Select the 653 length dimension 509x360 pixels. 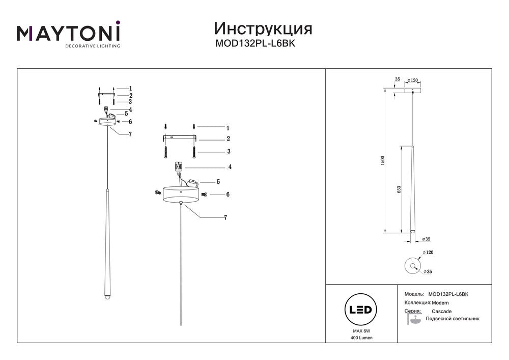pyautogui.click(x=400, y=189)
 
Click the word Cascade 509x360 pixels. pyautogui.click(x=441, y=311)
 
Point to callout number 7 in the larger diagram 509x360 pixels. pyautogui.click(x=225, y=218)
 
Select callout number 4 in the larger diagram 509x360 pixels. pyautogui.click(x=230, y=167)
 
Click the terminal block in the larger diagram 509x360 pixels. pyautogui.click(x=178, y=167)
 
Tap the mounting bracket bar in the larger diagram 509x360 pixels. pyautogui.click(x=179, y=138)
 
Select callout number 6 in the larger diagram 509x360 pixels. pyautogui.click(x=228, y=195)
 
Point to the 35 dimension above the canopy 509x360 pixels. pyautogui.click(x=397, y=79)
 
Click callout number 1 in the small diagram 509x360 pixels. pyautogui.click(x=130, y=88)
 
